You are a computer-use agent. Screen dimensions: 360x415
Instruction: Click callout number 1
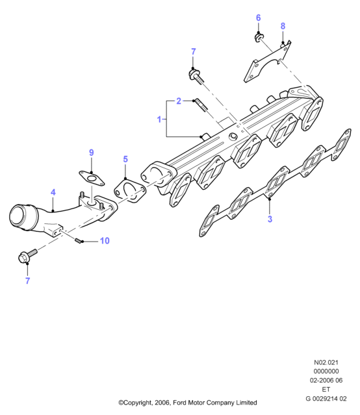pos(159,119)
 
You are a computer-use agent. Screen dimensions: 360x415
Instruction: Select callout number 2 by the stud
pos(179,101)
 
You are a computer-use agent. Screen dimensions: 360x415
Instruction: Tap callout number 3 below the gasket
pos(270,219)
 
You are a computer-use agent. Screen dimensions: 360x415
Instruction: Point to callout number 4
pos(53,192)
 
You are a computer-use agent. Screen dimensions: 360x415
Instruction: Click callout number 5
pos(125,159)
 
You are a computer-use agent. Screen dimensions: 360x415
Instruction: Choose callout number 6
pos(258,18)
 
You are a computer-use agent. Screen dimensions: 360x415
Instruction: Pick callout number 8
pos(283,26)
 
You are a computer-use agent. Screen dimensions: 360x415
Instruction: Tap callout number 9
pos(92,153)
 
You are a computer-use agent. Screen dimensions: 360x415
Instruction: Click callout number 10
pos(105,240)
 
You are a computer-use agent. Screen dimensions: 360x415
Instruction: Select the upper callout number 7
pos(194,51)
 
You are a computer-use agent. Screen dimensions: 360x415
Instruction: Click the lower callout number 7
pos(27,281)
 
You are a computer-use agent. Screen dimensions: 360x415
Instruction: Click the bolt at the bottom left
pos(27,255)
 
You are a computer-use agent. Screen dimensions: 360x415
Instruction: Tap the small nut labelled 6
pos(257,37)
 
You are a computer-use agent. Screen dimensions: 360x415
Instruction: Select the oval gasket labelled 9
pos(92,178)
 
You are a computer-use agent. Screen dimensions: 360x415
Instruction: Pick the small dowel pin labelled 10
pos(77,240)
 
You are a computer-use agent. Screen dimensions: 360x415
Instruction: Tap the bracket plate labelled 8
pos(266,62)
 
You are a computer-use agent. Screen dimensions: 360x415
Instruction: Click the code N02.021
pos(326,362)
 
